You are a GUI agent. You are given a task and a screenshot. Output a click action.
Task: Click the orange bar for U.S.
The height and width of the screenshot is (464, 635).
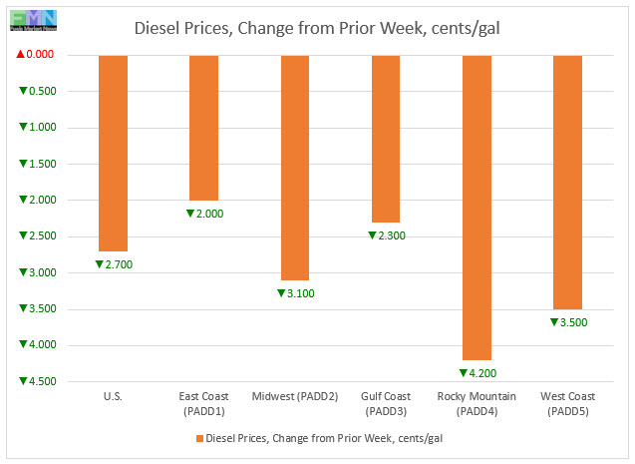(x=113, y=153)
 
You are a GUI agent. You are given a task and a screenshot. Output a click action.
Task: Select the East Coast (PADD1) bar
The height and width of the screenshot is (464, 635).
(x=203, y=128)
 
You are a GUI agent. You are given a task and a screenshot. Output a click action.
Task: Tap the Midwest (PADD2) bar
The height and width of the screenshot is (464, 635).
(x=295, y=168)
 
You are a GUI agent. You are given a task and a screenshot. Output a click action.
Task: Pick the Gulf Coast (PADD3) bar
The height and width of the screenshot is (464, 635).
(x=386, y=139)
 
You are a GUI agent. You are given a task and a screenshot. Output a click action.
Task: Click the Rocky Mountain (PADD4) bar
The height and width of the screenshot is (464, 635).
(x=477, y=208)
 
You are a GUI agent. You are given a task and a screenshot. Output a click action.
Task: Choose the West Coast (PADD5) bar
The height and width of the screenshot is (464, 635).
(x=568, y=182)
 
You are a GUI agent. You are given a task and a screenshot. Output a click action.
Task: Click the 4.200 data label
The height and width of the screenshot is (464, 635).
(x=482, y=373)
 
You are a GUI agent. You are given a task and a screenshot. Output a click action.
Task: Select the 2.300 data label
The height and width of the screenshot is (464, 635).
(x=391, y=235)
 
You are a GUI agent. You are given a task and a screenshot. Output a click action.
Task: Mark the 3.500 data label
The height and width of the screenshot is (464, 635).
(x=573, y=322)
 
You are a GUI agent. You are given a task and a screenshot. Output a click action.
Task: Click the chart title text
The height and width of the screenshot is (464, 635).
(x=317, y=28)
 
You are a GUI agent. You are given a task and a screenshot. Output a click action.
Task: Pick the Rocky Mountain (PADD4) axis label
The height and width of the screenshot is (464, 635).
(x=477, y=403)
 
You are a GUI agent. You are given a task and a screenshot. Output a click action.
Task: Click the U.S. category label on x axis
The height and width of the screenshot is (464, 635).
(x=113, y=397)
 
